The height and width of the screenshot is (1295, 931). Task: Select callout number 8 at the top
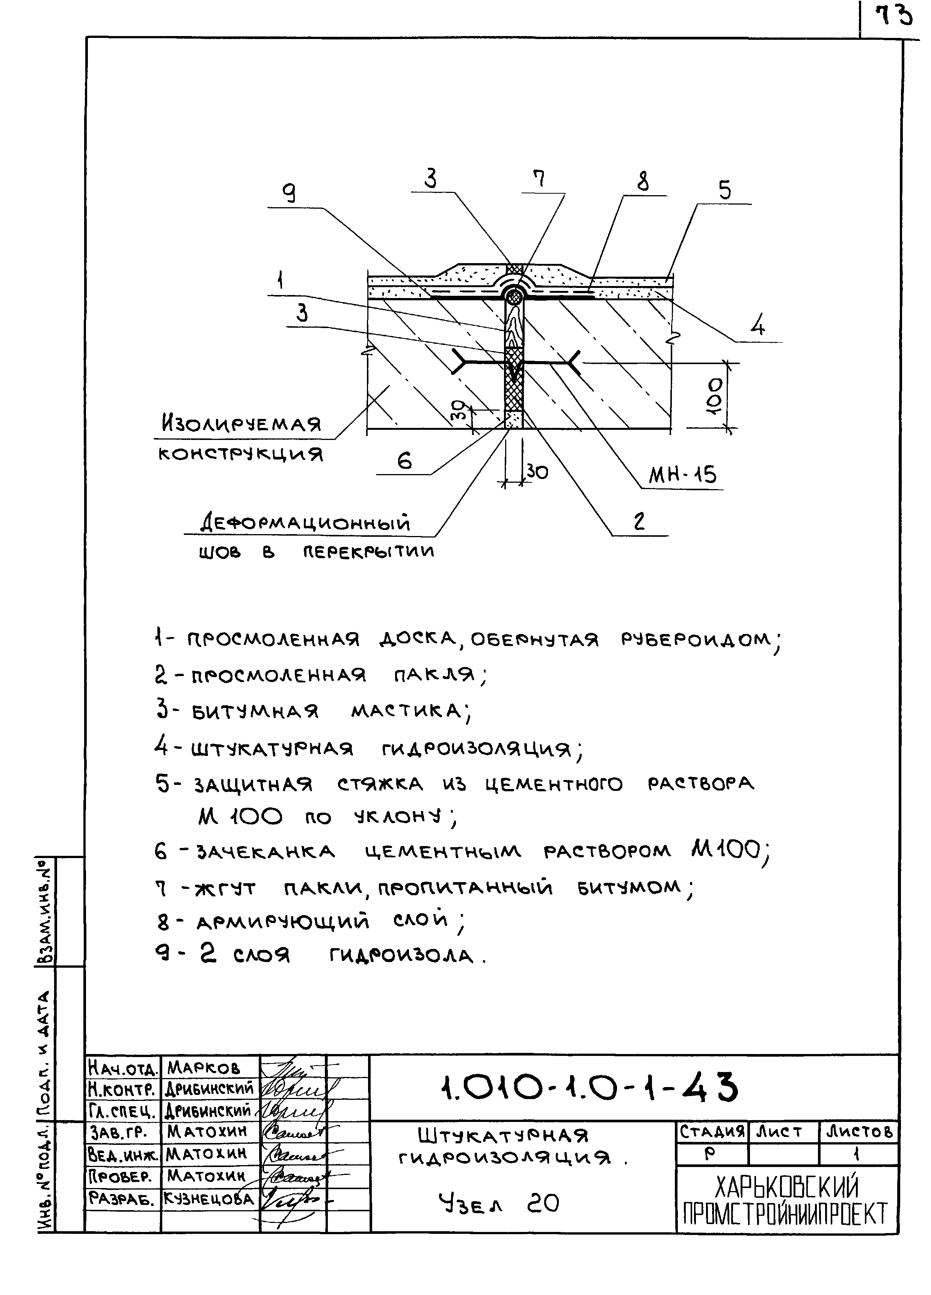coord(643,182)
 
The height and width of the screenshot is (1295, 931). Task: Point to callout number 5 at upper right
coord(724,190)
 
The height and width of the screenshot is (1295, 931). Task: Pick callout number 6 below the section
coord(404,460)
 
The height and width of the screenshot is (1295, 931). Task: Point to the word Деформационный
coord(306,522)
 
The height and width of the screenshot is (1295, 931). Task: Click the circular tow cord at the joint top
coord(515,296)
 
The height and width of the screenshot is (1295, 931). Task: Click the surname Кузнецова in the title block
coord(210,1199)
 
